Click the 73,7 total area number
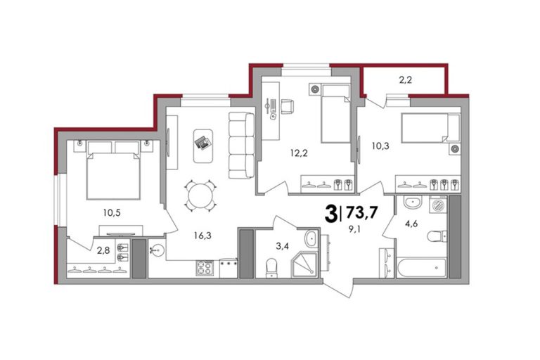pyautogui.click(x=362, y=212)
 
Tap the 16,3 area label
pyautogui.click(x=202, y=236)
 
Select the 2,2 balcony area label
pyautogui.click(x=405, y=80)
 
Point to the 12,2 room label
pyautogui.click(x=299, y=153)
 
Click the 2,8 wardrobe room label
pyautogui.click(x=103, y=250)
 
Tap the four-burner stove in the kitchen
pyautogui.click(x=205, y=268)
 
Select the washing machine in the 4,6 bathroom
pyautogui.click(x=438, y=205)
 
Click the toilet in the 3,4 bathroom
pyautogui.click(x=271, y=268)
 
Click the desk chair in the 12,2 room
pyautogui.click(x=287, y=106)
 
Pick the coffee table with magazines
pyautogui.click(x=203, y=146)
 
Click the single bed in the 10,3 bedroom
pyautogui.click(x=430, y=129)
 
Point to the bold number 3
pyautogui.click(x=331, y=214)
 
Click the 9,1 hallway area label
pyautogui.click(x=354, y=229)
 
